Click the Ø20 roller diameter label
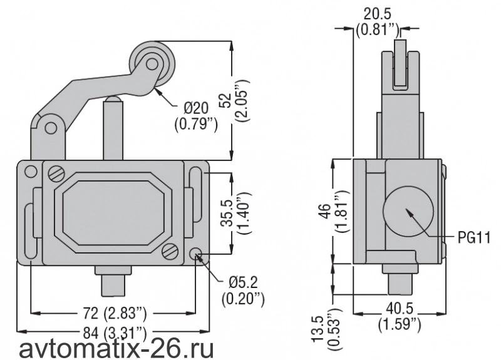click(x=196, y=108)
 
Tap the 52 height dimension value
click(x=227, y=101)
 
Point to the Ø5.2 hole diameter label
click(x=243, y=282)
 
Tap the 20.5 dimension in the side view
click(x=378, y=14)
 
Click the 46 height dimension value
click(x=325, y=211)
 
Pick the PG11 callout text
click(x=474, y=238)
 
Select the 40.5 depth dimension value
click(x=400, y=309)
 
